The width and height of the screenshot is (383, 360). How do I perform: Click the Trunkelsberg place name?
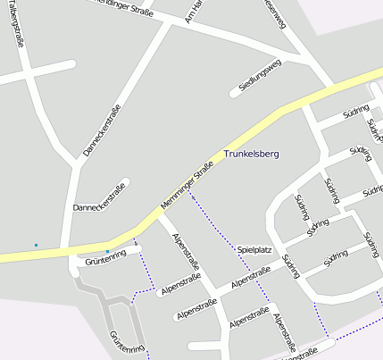pos(251,154)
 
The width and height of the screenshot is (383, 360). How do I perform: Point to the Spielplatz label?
pos(254,250)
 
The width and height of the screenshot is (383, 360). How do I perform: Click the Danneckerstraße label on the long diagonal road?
pos(102,130)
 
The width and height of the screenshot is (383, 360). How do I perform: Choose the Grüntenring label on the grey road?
pos(127,345)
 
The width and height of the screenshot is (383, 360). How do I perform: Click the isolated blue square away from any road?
pos(36,245)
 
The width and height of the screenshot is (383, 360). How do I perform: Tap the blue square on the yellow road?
pos(107,251)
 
